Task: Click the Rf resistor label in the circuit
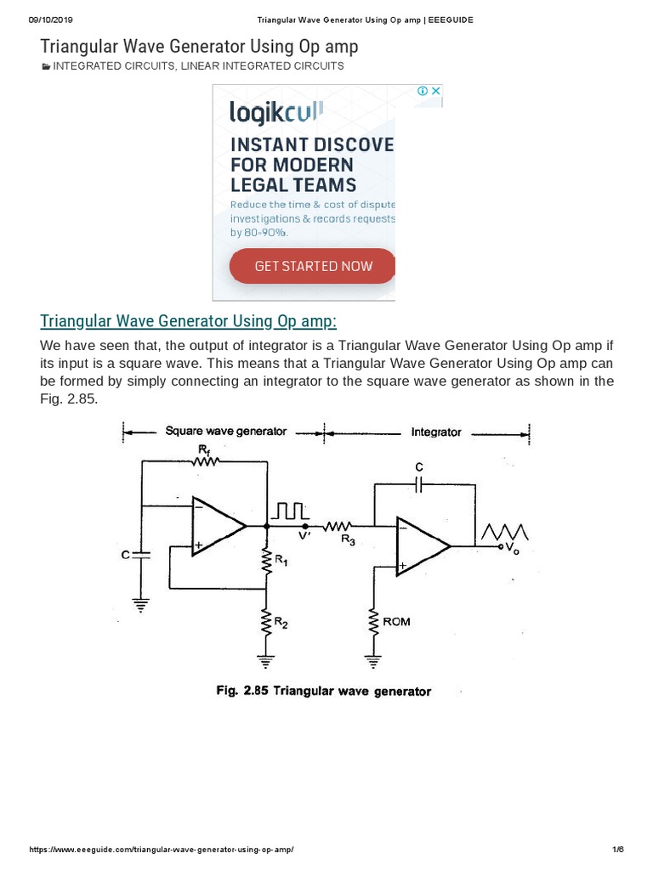(203, 448)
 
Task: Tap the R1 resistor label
(280, 561)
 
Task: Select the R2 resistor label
(281, 624)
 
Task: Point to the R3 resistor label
(349, 540)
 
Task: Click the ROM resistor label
(396, 621)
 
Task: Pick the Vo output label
(512, 548)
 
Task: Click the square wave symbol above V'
(290, 511)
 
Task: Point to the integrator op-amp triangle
(420, 546)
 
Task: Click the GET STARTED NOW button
(313, 266)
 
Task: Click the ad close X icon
(435, 91)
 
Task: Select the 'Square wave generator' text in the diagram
(225, 431)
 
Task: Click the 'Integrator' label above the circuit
(436, 432)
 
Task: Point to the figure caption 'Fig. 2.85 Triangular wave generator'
(323, 691)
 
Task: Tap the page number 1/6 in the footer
(618, 850)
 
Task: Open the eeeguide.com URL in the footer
(162, 850)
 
